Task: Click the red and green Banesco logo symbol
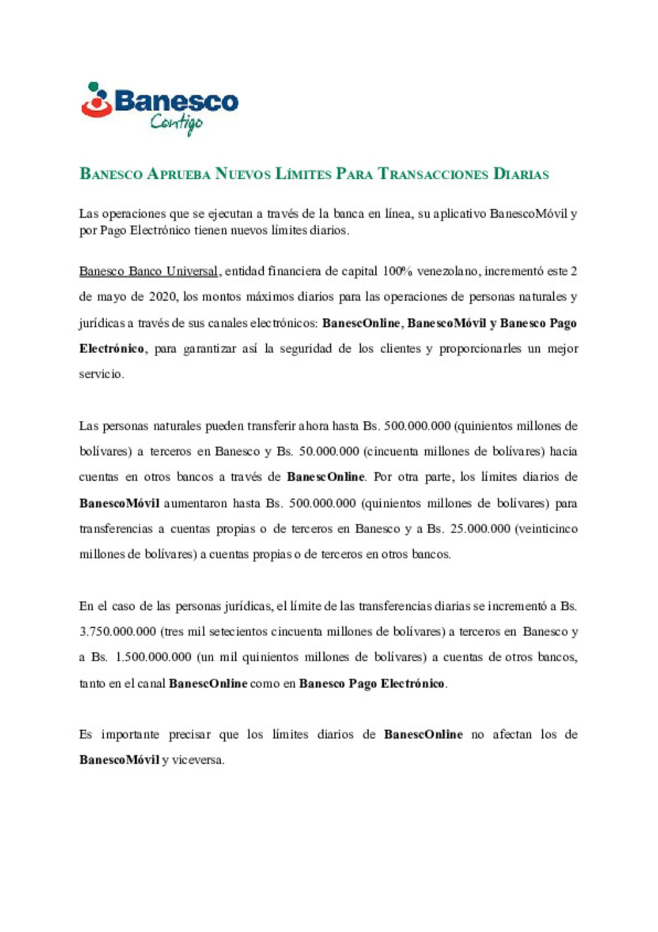click(96, 99)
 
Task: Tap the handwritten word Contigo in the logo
click(176, 123)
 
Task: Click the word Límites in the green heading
click(303, 174)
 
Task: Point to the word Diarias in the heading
click(521, 174)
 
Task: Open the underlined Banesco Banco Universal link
click(149, 271)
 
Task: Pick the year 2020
click(163, 297)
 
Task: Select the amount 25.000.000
click(480, 529)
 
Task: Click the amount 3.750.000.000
click(118, 632)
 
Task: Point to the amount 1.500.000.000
click(153, 658)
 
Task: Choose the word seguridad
click(306, 349)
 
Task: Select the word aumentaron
click(196, 503)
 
